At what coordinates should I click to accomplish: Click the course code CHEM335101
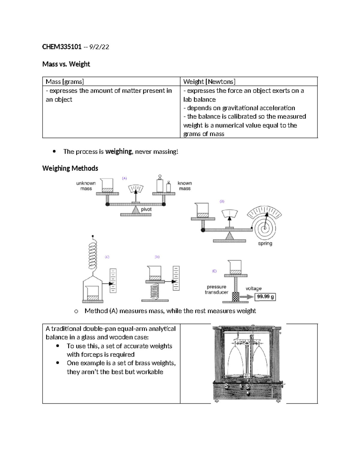click(x=62, y=47)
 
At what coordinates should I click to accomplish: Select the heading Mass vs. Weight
click(x=66, y=64)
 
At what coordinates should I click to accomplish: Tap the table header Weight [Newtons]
click(x=209, y=82)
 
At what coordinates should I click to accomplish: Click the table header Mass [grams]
click(x=64, y=82)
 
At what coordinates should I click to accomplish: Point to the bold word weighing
click(x=118, y=152)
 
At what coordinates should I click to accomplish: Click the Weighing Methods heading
click(x=70, y=168)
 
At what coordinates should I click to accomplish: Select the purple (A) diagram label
click(x=124, y=178)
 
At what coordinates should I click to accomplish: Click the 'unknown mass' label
click(x=86, y=186)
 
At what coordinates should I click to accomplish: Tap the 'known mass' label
click(x=184, y=186)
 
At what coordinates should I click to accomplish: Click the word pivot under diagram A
click(x=146, y=209)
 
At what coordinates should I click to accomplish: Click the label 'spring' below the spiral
click(x=265, y=243)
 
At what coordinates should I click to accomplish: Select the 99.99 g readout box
click(x=265, y=297)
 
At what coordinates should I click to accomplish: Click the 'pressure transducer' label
click(x=216, y=290)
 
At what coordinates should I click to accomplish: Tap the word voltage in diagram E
click(x=253, y=288)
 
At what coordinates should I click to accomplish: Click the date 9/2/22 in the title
click(x=99, y=47)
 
